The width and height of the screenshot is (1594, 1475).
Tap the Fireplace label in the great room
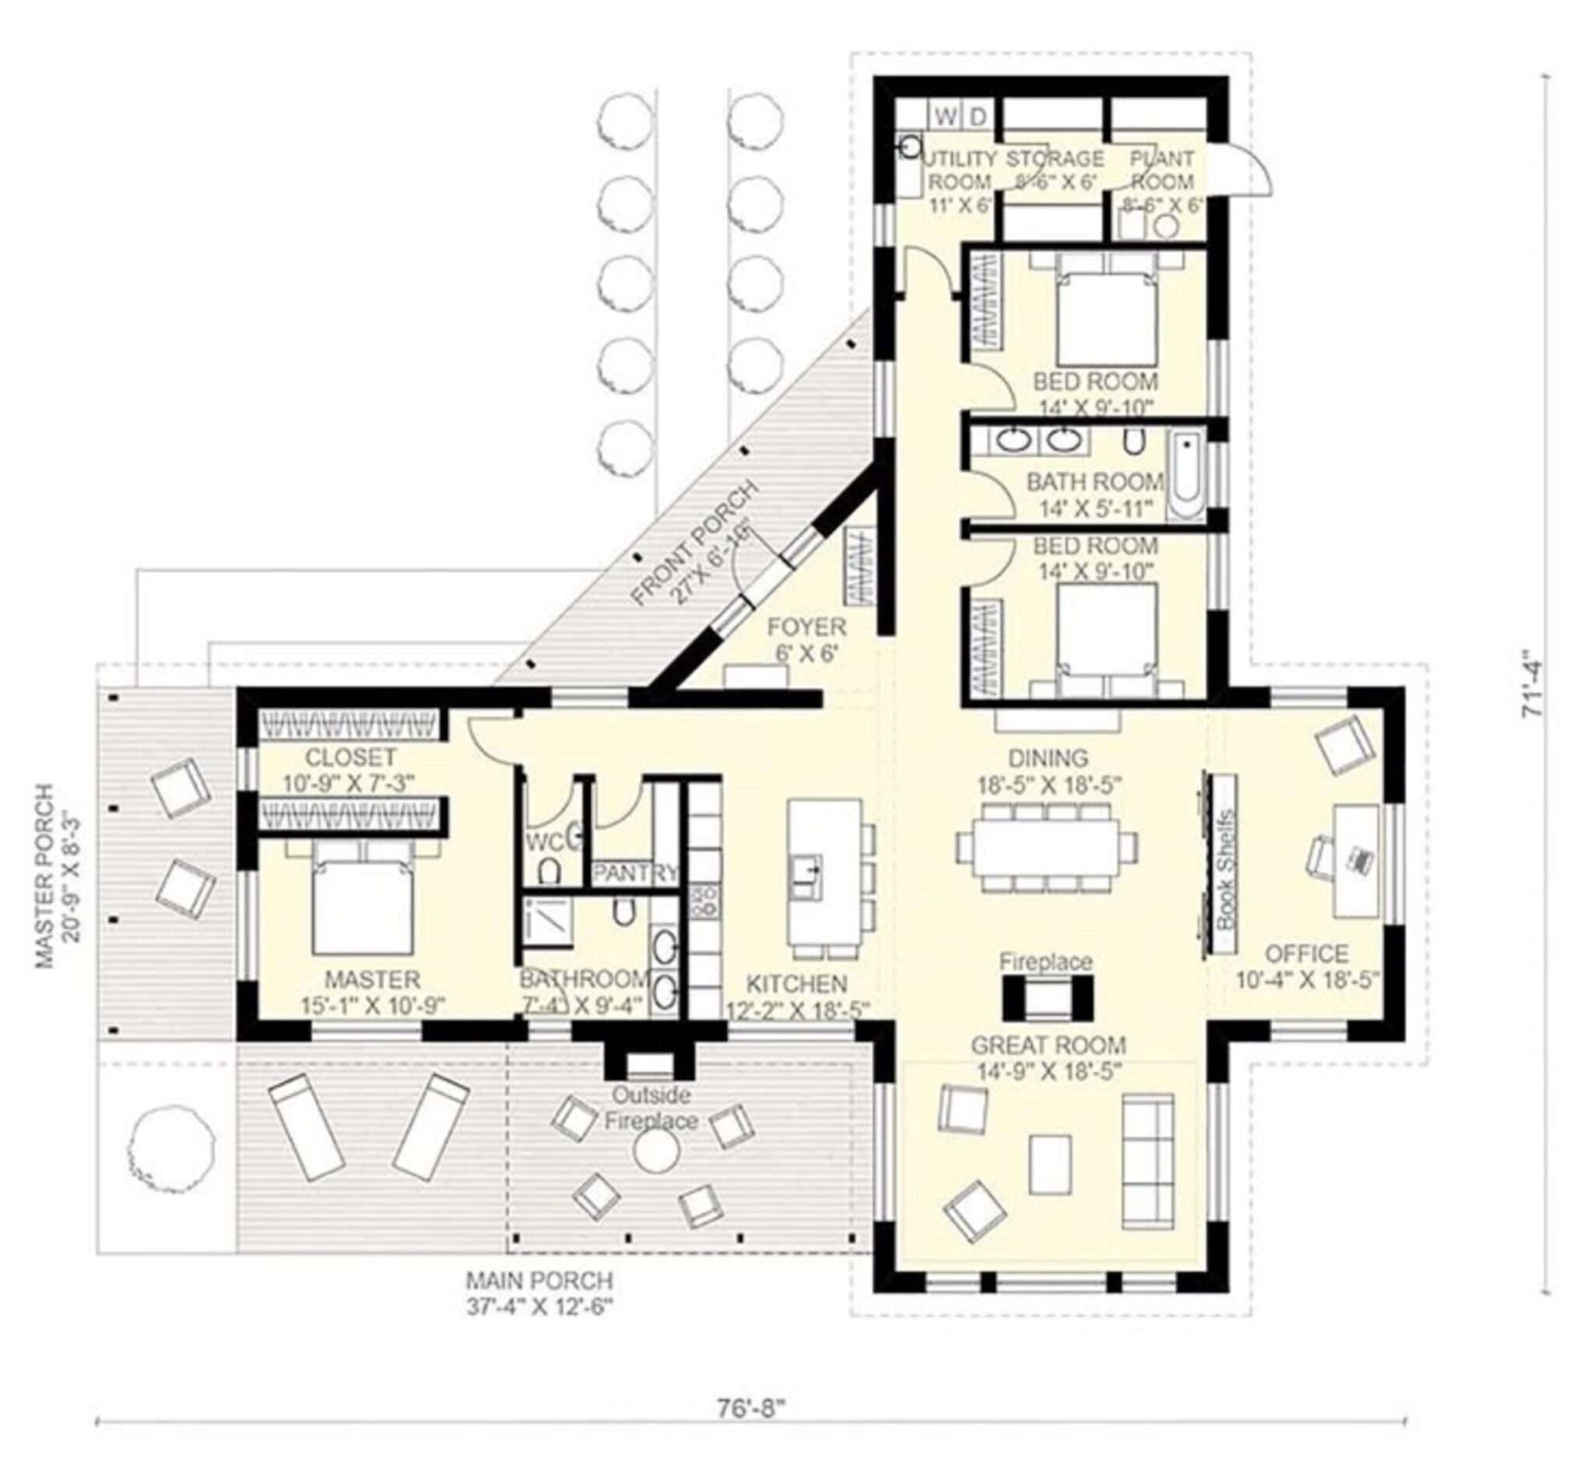click(x=1045, y=961)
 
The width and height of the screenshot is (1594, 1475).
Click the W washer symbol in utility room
click(x=945, y=117)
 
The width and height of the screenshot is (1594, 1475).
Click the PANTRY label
click(x=635, y=873)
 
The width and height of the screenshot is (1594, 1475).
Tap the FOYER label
click(x=806, y=627)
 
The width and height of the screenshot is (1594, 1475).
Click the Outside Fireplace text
click(x=651, y=1108)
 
